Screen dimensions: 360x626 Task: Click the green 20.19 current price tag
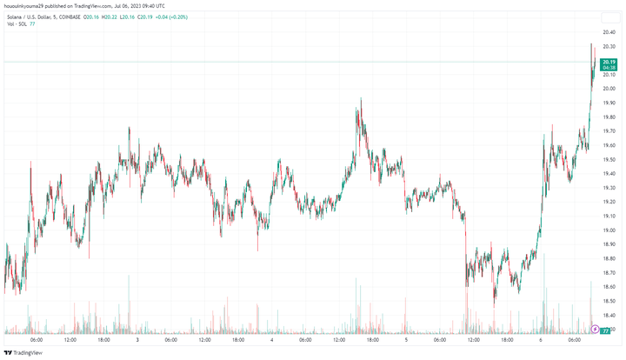pyautogui.click(x=609, y=62)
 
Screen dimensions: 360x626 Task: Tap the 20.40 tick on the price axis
pyautogui.click(x=609, y=32)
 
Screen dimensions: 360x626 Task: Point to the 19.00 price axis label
pyautogui.click(x=609, y=230)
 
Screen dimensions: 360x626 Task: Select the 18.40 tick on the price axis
pyautogui.click(x=609, y=316)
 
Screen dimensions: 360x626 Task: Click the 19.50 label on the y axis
pyautogui.click(x=609, y=159)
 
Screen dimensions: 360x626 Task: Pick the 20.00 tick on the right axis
pyautogui.click(x=609, y=89)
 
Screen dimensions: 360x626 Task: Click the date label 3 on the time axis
pyautogui.click(x=137, y=340)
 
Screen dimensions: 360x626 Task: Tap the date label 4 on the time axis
pyautogui.click(x=272, y=340)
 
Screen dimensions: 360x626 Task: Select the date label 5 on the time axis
pyautogui.click(x=407, y=340)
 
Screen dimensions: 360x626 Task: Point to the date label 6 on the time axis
pyautogui.click(x=540, y=340)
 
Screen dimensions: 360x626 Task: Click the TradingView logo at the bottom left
pyautogui.click(x=23, y=352)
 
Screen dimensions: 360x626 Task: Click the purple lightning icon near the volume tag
pyautogui.click(x=595, y=330)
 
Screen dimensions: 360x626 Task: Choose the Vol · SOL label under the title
pyautogui.click(x=16, y=23)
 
